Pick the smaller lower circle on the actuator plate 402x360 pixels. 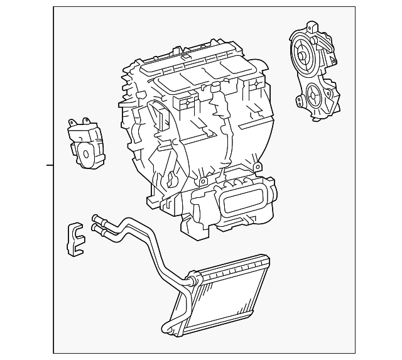click(312, 97)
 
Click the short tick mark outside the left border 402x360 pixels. click(50, 165)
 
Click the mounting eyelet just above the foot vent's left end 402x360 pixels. click(204, 182)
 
